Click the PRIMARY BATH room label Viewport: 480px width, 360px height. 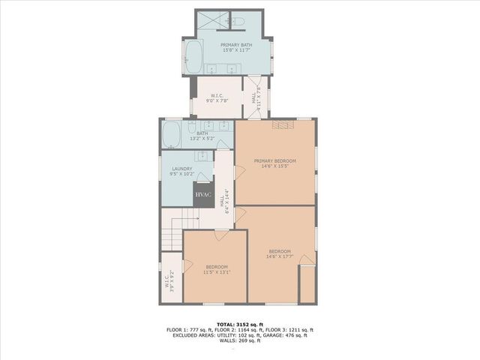(x=235, y=45)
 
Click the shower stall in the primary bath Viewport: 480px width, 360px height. (x=211, y=23)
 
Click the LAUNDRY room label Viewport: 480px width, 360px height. (x=182, y=169)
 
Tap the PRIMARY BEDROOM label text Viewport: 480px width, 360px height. (x=274, y=161)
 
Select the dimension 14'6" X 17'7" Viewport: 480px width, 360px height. (x=278, y=256)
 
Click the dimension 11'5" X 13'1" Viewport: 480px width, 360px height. (x=216, y=272)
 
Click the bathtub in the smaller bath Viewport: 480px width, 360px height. (x=170, y=136)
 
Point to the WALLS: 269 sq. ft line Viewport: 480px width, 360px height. (x=239, y=341)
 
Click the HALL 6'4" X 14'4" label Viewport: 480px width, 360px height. (x=223, y=196)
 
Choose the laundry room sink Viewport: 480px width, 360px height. (x=201, y=156)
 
